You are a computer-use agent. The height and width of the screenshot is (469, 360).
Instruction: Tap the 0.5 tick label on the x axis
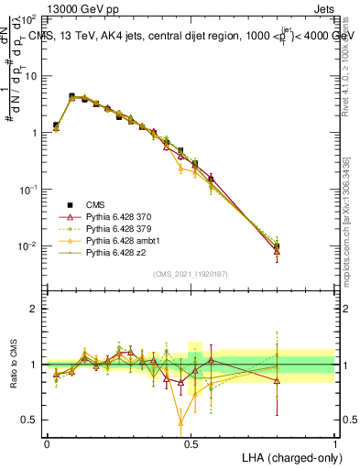(x=191, y=442)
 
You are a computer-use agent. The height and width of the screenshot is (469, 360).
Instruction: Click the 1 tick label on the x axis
(x=334, y=442)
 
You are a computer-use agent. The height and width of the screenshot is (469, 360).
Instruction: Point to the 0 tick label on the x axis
(x=47, y=442)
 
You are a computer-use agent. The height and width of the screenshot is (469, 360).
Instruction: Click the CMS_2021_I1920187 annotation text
(x=191, y=274)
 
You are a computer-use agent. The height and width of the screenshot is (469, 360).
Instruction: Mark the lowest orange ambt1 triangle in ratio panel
(x=180, y=423)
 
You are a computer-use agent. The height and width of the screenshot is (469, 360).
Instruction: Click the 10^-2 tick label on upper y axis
(x=27, y=245)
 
